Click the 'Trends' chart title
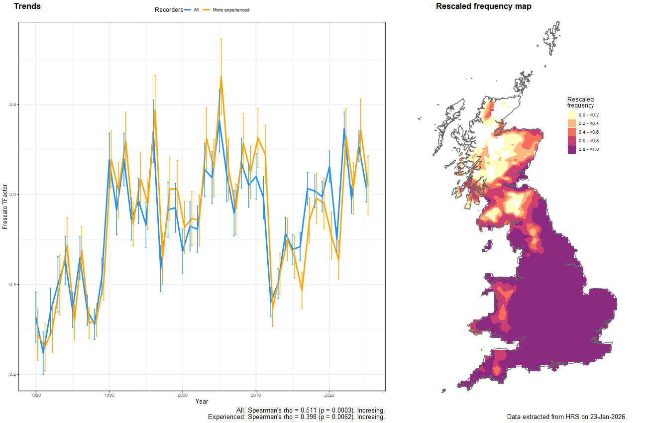(x=27, y=6)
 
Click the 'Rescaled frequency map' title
(x=483, y=6)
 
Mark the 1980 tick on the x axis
(x=36, y=395)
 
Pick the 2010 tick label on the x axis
(x=256, y=395)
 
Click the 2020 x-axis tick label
(x=329, y=395)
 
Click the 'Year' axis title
(x=202, y=401)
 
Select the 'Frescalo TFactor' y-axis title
(x=5, y=212)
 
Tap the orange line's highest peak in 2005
(x=221, y=77)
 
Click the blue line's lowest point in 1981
(x=43, y=352)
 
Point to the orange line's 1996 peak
(x=155, y=110)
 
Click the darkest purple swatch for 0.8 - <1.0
(x=571, y=149)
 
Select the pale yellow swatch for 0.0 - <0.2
(x=571, y=115)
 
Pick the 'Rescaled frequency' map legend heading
(x=580, y=102)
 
